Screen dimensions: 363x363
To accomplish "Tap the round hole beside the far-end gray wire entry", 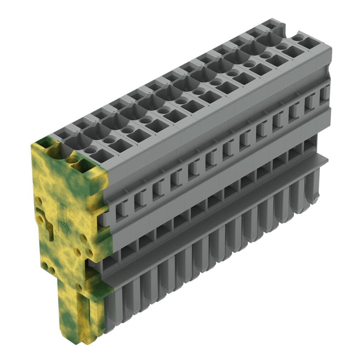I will point(298,37).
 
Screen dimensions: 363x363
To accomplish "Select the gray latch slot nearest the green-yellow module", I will point(122,208).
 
